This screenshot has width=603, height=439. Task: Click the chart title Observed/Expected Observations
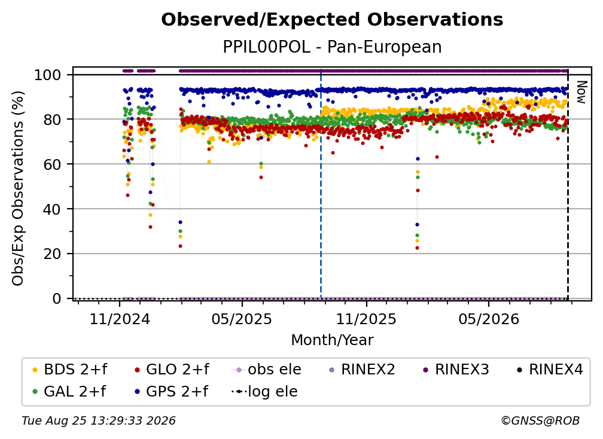click(332, 20)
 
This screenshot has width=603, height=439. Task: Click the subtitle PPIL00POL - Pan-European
click(332, 47)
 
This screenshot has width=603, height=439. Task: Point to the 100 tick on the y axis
click(48, 75)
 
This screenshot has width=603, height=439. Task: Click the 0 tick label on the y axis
click(57, 298)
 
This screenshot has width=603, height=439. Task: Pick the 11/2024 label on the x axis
click(120, 319)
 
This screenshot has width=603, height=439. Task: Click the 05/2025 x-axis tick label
click(242, 319)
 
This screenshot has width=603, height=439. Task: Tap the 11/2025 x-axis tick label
click(366, 319)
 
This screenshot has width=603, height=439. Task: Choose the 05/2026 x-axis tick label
click(488, 319)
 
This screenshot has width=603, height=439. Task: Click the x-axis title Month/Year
click(332, 340)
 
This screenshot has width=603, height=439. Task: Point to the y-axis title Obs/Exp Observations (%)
click(18, 188)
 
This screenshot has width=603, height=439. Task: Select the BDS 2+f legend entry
click(69, 370)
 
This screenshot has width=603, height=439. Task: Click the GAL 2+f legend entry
click(69, 392)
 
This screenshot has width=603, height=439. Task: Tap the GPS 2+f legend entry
click(171, 392)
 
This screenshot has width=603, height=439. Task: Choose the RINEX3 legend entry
click(456, 370)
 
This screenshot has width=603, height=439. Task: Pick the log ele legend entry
click(264, 392)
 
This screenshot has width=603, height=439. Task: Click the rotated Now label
click(581, 92)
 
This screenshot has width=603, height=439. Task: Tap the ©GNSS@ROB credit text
click(540, 421)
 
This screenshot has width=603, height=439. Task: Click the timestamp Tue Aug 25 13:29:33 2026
click(99, 421)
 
